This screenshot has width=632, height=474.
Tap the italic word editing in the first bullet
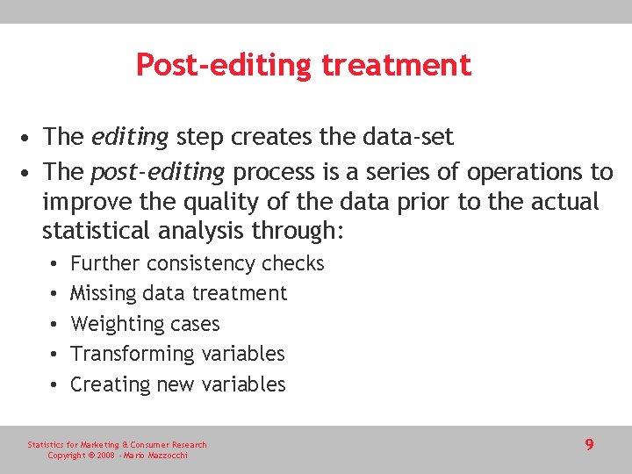tap(129, 137)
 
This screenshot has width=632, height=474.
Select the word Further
tap(105, 263)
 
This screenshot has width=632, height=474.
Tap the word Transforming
tap(133, 354)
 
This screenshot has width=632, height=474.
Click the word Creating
tap(110, 384)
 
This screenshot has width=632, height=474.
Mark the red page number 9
tap(589, 444)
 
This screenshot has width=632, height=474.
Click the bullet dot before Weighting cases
tap(54, 324)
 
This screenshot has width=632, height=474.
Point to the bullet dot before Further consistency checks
tap(54, 263)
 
